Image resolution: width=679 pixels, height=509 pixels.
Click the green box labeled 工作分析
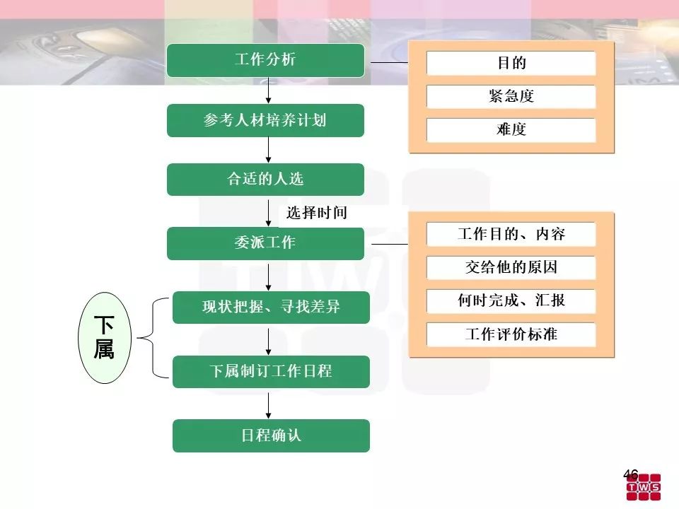tap(265, 60)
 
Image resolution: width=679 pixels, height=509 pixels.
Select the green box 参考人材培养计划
tap(265, 120)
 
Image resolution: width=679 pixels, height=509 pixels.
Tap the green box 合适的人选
tap(265, 180)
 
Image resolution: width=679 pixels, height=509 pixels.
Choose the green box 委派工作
tap(265, 243)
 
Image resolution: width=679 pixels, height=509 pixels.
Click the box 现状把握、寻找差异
tap(271, 307)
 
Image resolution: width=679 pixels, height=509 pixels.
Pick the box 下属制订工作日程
tap(271, 371)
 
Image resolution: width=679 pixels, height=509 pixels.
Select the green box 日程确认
tap(271, 435)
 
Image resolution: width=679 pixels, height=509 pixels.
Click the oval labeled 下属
tap(104, 338)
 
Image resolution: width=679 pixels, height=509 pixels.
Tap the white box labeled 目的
tap(511, 64)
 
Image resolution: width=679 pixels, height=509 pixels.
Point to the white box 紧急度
tap(511, 97)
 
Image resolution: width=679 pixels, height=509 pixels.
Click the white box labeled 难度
tap(511, 130)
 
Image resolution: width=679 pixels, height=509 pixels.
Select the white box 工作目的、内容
tap(511, 235)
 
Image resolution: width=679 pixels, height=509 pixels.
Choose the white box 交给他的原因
tap(511, 268)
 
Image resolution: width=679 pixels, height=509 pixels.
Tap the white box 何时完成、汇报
tap(511, 301)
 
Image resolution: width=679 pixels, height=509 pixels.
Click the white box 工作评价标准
tap(511, 334)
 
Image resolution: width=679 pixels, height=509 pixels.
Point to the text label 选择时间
tap(316, 213)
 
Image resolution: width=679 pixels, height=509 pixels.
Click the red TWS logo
tap(644, 488)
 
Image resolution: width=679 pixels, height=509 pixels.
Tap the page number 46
tap(630, 474)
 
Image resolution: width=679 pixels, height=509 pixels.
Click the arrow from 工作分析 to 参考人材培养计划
tap(269, 90)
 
